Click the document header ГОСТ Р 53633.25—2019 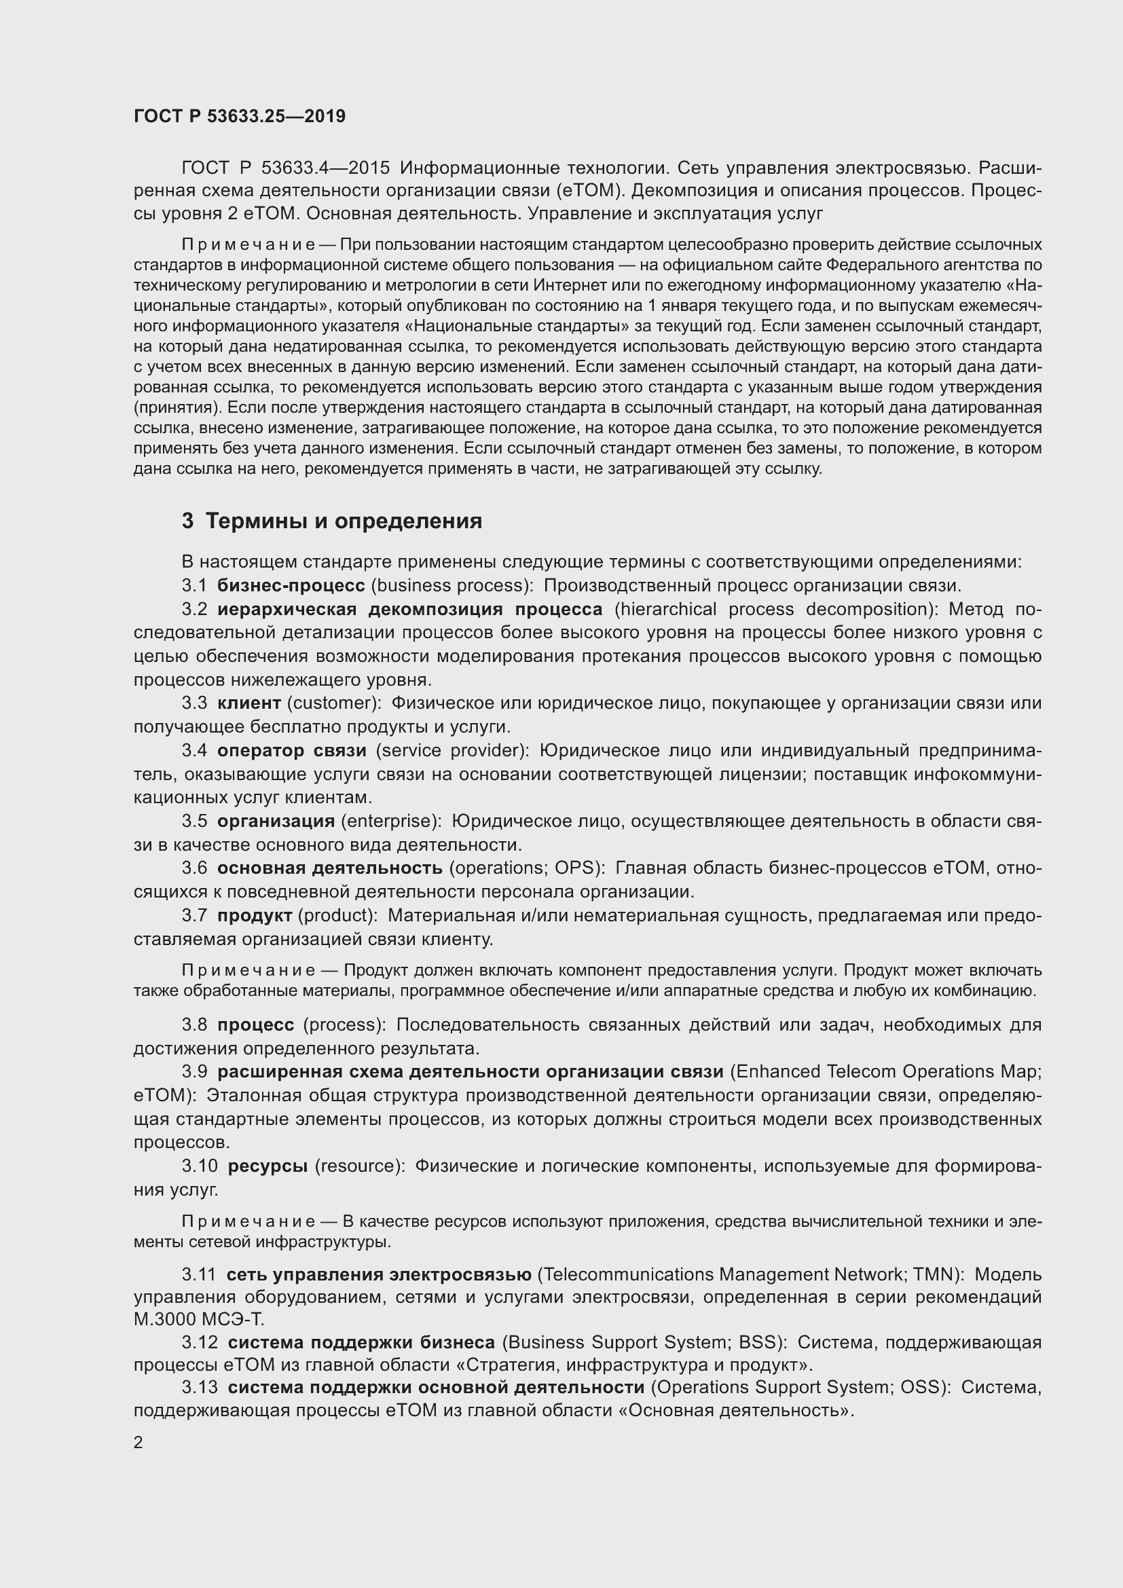(x=239, y=116)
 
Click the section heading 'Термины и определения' (x=344, y=521)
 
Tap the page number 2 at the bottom (x=139, y=1443)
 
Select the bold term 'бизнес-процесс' (x=291, y=586)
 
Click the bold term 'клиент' (x=249, y=703)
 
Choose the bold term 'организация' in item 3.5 (x=276, y=821)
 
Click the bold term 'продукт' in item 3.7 (x=255, y=916)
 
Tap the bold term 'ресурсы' (x=268, y=1166)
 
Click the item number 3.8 (x=194, y=1025)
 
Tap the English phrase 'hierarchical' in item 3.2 (x=666, y=609)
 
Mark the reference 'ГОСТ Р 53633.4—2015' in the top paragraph (x=286, y=168)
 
